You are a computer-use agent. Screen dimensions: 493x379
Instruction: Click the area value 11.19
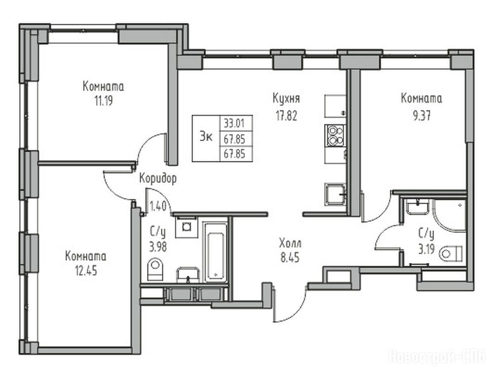coord(104,101)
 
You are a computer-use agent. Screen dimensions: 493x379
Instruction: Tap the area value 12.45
coord(86,271)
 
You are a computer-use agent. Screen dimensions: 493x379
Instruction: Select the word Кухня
coord(286,99)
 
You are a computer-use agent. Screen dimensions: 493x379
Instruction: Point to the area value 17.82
coord(286,116)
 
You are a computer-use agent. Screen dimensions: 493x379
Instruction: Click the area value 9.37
coord(421,116)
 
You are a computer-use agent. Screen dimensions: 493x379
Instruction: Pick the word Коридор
coord(158,179)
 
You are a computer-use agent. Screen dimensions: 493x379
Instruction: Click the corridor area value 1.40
coord(158,206)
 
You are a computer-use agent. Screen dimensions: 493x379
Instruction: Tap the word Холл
coord(290,243)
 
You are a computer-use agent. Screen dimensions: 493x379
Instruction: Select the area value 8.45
coord(290,258)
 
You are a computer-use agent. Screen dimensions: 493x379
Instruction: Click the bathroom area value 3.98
coord(158,247)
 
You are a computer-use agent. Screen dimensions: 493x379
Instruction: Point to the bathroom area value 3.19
coord(426,249)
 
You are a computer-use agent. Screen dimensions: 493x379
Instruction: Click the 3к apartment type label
coord(206,138)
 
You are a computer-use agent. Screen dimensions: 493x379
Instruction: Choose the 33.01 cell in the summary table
coord(234,123)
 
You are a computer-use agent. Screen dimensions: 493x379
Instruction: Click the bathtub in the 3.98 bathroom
coord(215,252)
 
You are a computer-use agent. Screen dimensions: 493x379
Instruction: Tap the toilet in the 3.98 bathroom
coord(155,269)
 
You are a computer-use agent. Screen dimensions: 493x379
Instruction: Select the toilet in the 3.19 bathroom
coord(451,254)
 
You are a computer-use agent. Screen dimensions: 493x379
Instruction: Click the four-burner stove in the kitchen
coord(335,136)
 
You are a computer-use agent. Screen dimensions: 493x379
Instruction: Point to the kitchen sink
coord(335,194)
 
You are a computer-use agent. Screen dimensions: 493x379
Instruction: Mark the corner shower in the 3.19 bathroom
coord(450,215)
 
